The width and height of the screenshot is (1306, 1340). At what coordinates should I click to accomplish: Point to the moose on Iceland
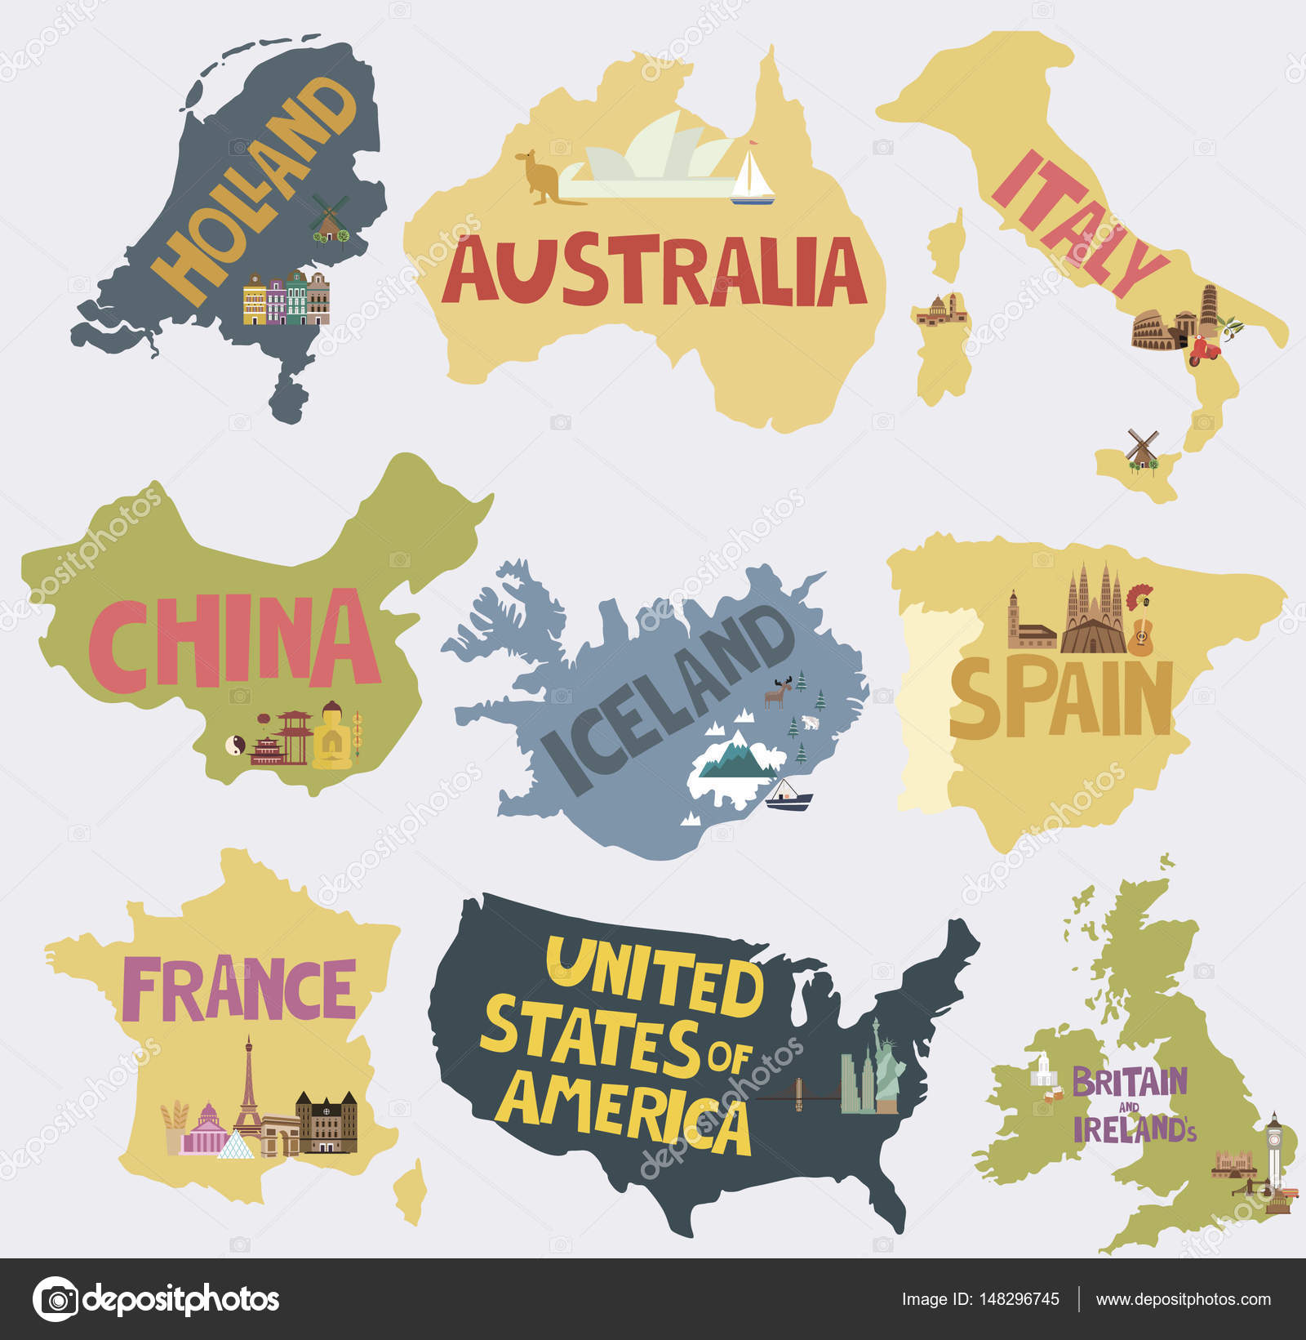(x=775, y=694)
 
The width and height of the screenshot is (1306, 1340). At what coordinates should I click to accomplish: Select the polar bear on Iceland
(x=811, y=723)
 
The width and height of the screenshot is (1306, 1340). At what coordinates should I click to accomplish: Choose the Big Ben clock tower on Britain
(x=1273, y=1152)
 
